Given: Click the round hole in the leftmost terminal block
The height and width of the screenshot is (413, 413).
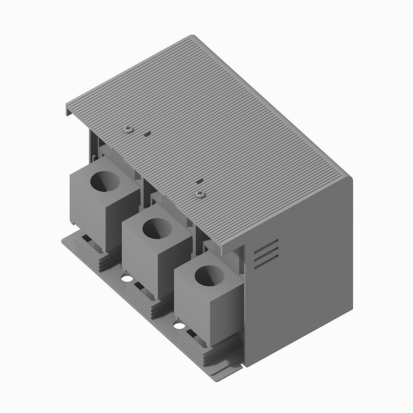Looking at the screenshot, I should pos(104,181).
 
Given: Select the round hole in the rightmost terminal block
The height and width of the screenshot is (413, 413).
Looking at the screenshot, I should pos(209,275).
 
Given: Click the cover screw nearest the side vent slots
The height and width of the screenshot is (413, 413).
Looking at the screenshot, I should pos(200,193).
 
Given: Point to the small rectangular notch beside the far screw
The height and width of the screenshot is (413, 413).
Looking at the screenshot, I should pos(147,134).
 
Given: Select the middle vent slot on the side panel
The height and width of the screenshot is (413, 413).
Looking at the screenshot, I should pos(266,256).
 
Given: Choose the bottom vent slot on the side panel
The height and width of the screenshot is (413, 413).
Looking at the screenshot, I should pos(266,263).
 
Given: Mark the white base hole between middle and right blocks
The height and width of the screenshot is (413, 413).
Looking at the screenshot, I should pos(178,326).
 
